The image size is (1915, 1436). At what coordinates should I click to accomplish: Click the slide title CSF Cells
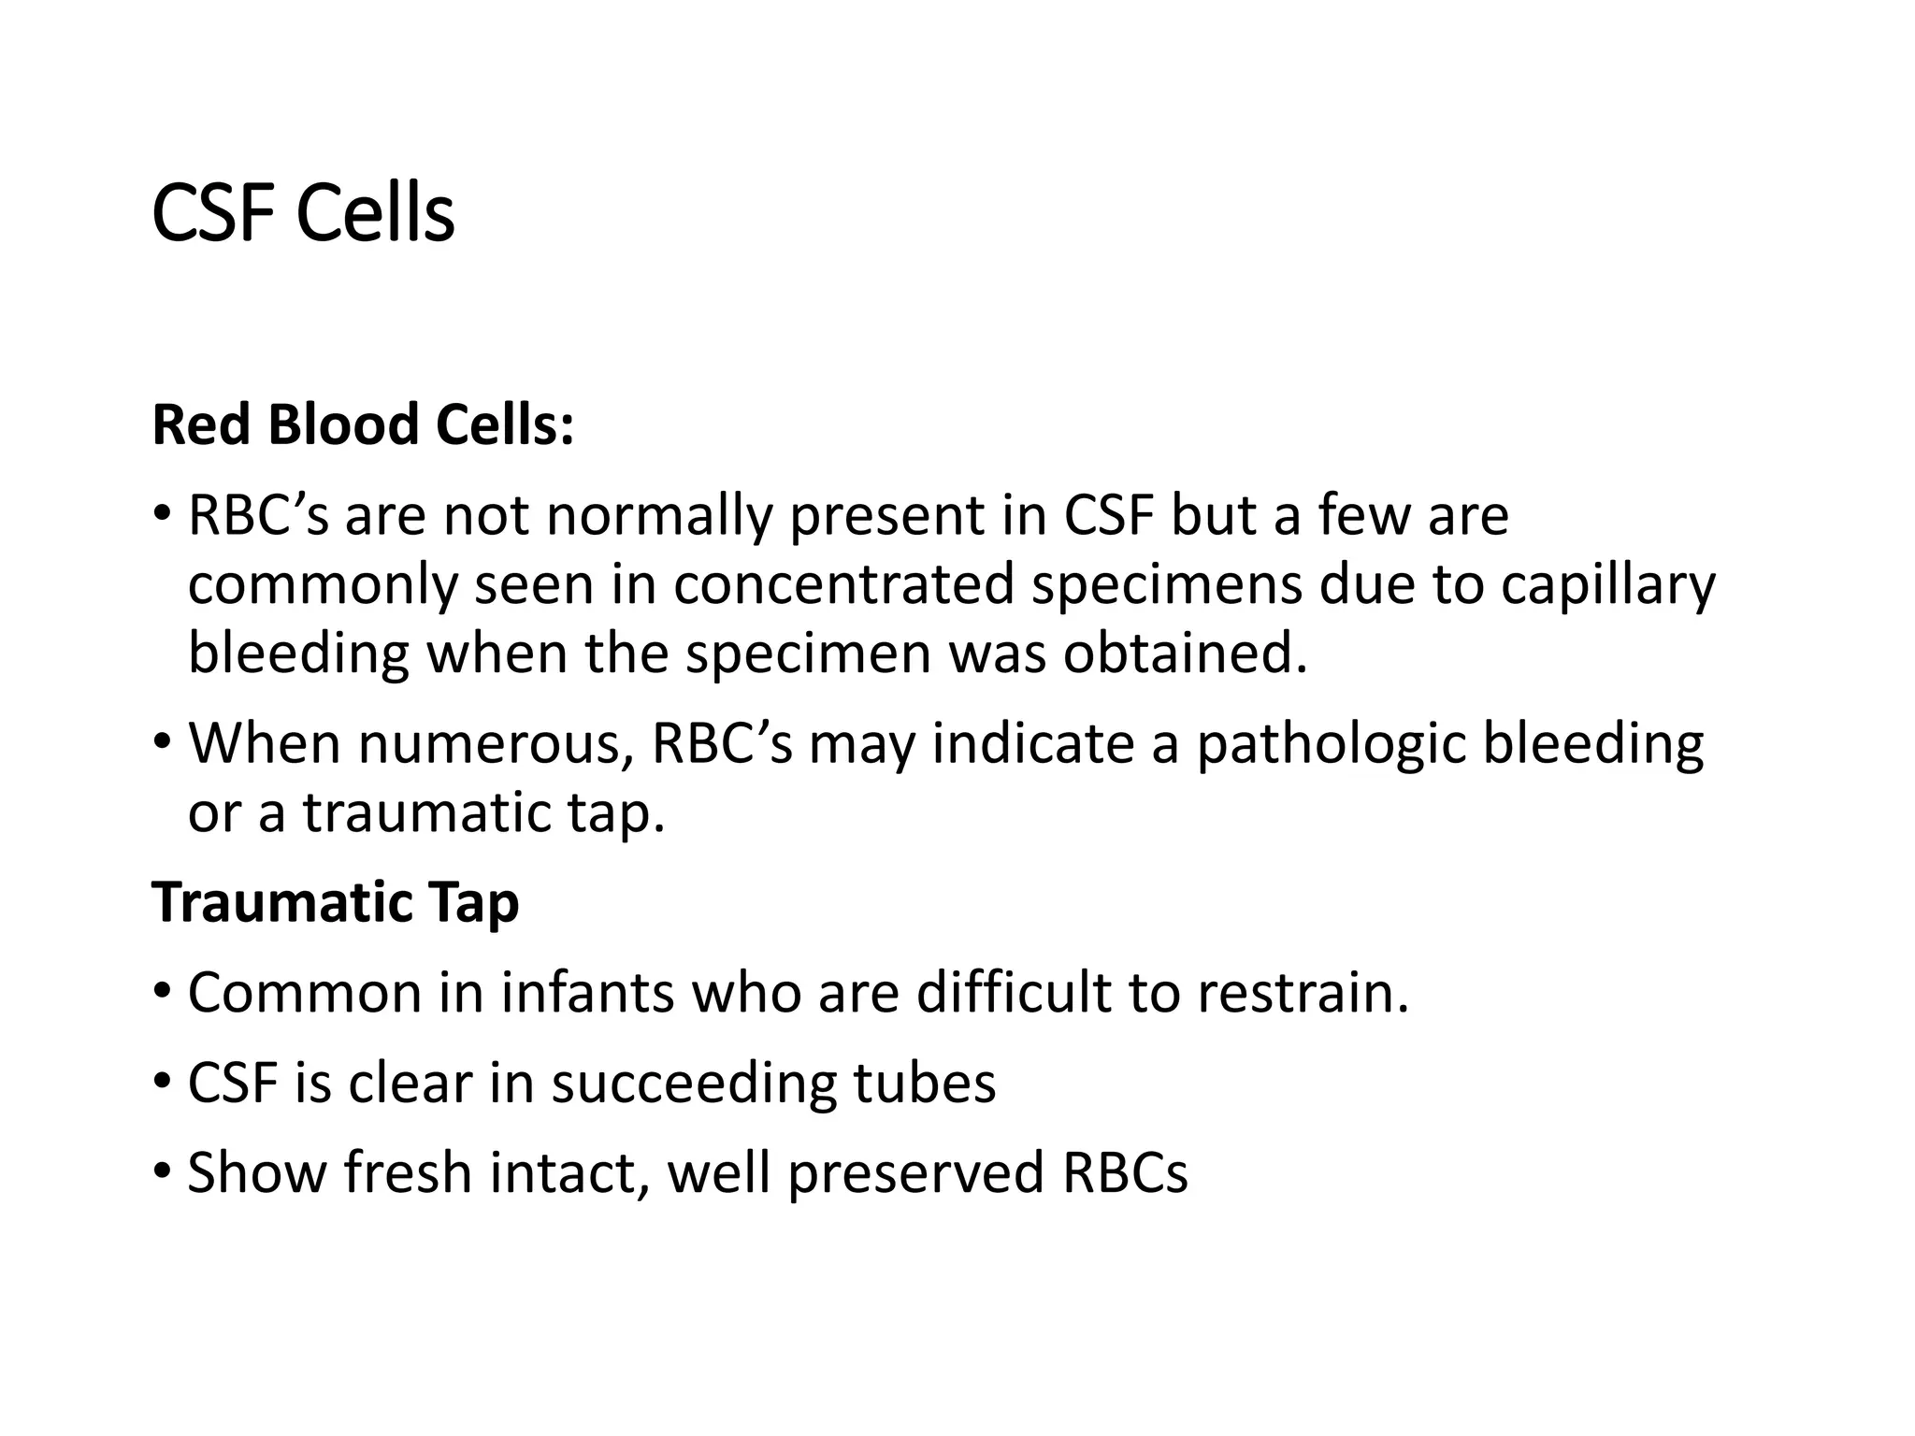point(302,214)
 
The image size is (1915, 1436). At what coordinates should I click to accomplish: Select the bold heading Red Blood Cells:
point(362,425)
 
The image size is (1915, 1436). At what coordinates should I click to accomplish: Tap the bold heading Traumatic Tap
point(335,903)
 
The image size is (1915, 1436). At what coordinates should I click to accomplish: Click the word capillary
point(1608,586)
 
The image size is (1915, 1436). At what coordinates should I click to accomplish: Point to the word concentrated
point(843,584)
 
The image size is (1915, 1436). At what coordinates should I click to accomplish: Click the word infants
point(587,993)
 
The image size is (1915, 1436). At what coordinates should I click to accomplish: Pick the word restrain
point(1303,993)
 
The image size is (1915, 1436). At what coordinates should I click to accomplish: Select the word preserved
point(914,1174)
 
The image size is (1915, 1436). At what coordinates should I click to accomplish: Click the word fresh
point(408,1172)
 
